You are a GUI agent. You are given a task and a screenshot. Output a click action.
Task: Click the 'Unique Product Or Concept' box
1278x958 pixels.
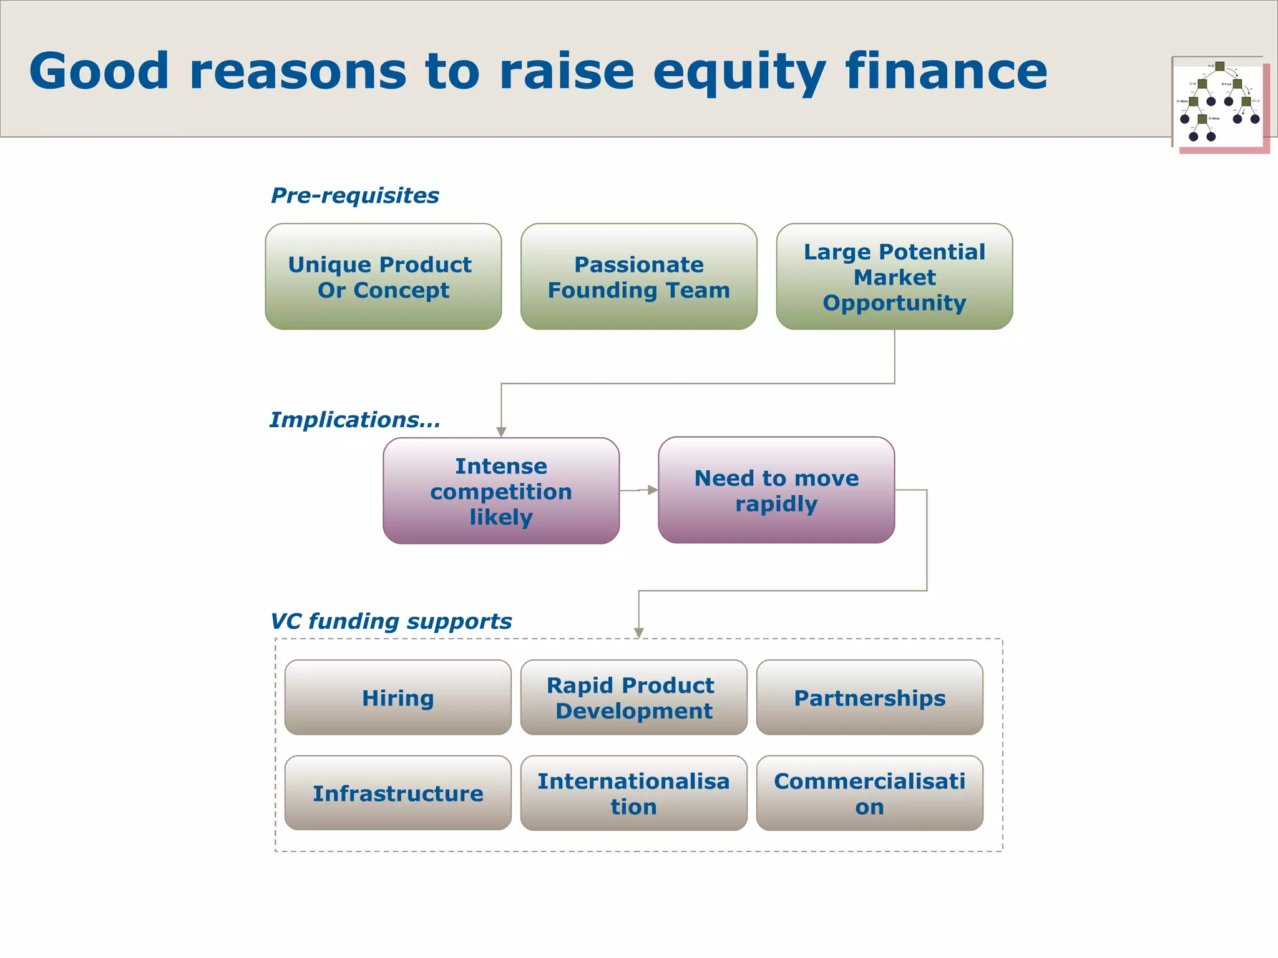383,277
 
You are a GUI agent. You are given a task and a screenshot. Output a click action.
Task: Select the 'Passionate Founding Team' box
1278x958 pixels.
638,277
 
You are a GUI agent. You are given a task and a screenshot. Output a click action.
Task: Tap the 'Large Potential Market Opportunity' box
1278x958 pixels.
894,277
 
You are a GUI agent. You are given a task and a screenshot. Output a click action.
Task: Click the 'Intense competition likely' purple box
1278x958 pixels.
501,491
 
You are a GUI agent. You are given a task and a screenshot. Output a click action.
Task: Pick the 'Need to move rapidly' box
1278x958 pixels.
776,490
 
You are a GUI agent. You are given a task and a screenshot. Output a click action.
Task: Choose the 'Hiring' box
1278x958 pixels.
398,697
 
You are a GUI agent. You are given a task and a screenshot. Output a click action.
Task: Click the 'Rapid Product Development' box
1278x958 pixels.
633,697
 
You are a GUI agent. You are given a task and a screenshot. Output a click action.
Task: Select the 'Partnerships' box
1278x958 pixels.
869,697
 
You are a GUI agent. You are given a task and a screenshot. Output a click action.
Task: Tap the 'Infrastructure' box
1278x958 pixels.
398,793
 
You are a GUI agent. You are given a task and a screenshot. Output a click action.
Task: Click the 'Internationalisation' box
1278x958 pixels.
633,793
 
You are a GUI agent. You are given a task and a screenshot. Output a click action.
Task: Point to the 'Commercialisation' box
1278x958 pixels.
869,793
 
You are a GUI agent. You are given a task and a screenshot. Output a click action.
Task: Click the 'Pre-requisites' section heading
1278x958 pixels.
354,196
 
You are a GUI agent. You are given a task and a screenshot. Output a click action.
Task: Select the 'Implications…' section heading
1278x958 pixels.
354,420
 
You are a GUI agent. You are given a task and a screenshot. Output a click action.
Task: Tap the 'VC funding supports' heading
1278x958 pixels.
391,621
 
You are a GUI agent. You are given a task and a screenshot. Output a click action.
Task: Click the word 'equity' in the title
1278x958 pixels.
739,72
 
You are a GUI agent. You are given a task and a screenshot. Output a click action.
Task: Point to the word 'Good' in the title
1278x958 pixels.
99,71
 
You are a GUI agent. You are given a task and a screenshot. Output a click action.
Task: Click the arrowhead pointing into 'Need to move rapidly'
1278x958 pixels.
653,490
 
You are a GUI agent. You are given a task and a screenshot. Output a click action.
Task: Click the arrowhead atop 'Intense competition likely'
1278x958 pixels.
501,432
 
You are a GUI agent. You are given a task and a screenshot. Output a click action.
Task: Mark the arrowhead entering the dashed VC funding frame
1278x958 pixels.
638,633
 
